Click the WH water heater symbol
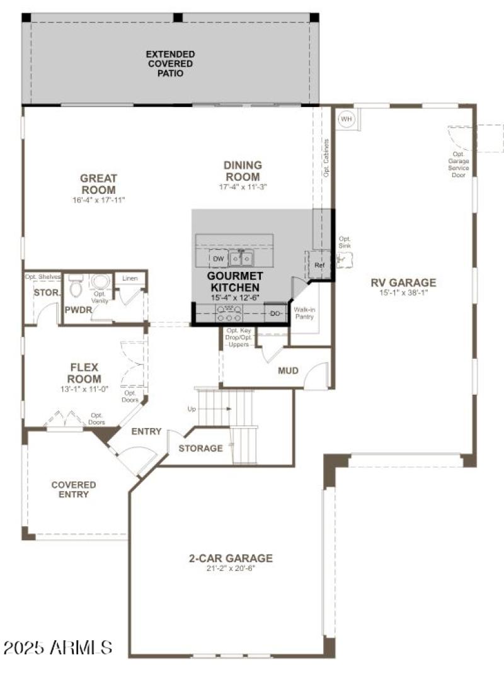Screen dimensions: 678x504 tap(346, 118)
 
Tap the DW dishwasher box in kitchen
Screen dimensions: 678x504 tap(219, 259)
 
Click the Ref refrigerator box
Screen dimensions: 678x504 tap(319, 266)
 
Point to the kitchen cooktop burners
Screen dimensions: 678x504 tap(229, 310)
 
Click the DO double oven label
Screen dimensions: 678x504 tap(275, 313)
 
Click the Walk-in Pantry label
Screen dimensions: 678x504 tap(304, 312)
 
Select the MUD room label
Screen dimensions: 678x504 tap(288, 371)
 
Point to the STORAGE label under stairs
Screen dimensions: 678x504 tap(200, 448)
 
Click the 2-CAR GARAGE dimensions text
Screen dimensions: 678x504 tap(231, 568)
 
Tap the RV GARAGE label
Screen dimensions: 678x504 tap(403, 283)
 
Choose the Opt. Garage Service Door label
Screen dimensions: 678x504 tap(458, 164)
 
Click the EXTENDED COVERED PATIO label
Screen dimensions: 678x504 tap(170, 64)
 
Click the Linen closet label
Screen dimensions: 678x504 tap(130, 278)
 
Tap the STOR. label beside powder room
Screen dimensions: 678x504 tap(47, 293)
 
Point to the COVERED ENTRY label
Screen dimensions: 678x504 tap(74, 489)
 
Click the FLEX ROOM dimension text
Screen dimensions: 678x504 tap(84, 389)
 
